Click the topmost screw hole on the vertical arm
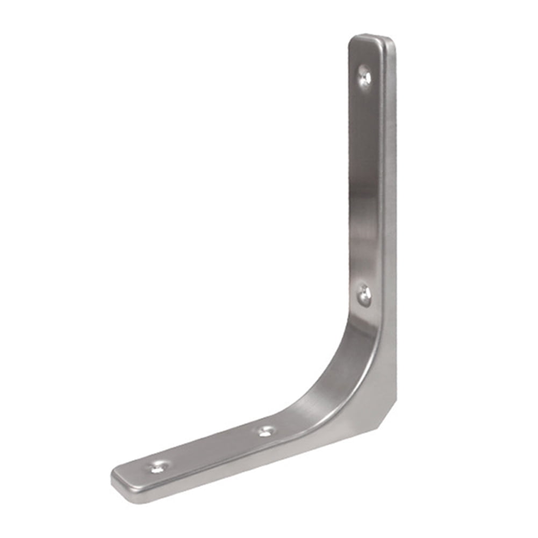(x=365, y=75)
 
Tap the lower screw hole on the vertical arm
(x=364, y=295)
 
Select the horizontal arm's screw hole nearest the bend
(x=266, y=430)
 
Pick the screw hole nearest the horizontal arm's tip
(x=157, y=467)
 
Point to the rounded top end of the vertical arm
(x=371, y=39)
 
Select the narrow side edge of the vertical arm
(x=390, y=215)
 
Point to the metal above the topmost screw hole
(x=366, y=54)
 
